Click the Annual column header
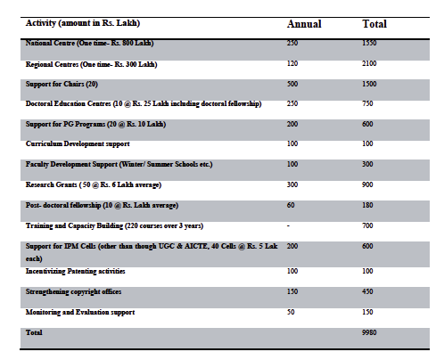coord(304,24)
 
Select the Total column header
coord(374,24)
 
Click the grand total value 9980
coord(369,332)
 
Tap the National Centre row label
coord(89,43)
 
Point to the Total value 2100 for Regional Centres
coord(369,63)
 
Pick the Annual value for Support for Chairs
coord(292,84)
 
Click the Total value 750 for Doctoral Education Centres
coord(367,103)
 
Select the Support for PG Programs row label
coord(95,124)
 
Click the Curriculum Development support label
coord(78,143)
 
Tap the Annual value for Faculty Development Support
coord(292,164)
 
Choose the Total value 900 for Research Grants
coord(367,184)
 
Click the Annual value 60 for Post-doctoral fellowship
coord(291,205)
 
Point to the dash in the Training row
coord(288,226)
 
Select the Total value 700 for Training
coord(367,225)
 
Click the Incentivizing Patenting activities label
coord(75,271)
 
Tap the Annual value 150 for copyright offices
coord(292,291)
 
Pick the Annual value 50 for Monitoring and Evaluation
coord(291,312)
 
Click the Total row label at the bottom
coord(34,332)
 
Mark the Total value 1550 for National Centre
coord(369,43)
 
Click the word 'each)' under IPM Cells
coord(34,258)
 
